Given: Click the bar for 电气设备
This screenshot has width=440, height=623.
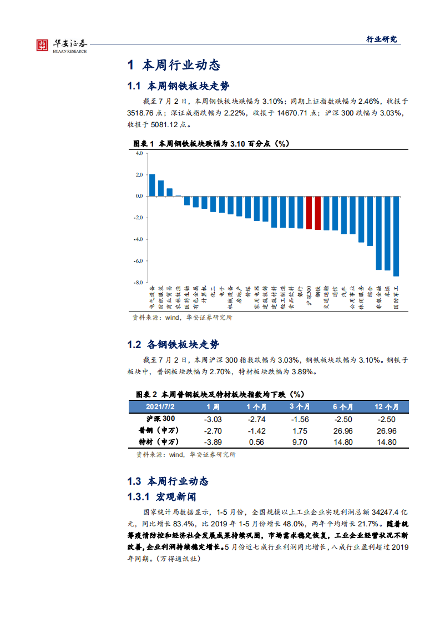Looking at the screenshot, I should tap(152, 185).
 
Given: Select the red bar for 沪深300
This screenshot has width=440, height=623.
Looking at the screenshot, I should tap(309, 213).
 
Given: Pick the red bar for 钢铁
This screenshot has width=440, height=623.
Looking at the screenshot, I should tap(318, 213).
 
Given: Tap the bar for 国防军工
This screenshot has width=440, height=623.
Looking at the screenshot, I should tap(396, 236).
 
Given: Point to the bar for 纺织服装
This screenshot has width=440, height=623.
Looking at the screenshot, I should tap(161, 188).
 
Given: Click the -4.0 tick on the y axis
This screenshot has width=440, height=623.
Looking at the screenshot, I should tap(139, 239).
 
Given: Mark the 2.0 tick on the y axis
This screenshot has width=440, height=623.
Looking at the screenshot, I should tap(139, 175).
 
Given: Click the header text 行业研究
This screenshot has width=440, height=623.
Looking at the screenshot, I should tap(382, 39).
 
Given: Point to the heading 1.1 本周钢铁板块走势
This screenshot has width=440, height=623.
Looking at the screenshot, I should tap(178, 87).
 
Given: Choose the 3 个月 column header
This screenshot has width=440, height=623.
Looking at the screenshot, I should tap(300, 406).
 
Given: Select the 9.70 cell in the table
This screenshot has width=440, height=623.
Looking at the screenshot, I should tap(300, 442).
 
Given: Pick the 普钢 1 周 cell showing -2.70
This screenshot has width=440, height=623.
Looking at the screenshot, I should tap(213, 430).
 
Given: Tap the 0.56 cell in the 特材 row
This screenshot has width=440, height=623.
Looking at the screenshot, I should tap(256, 442).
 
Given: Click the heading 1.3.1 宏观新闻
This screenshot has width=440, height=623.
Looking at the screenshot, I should tap(161, 496).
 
